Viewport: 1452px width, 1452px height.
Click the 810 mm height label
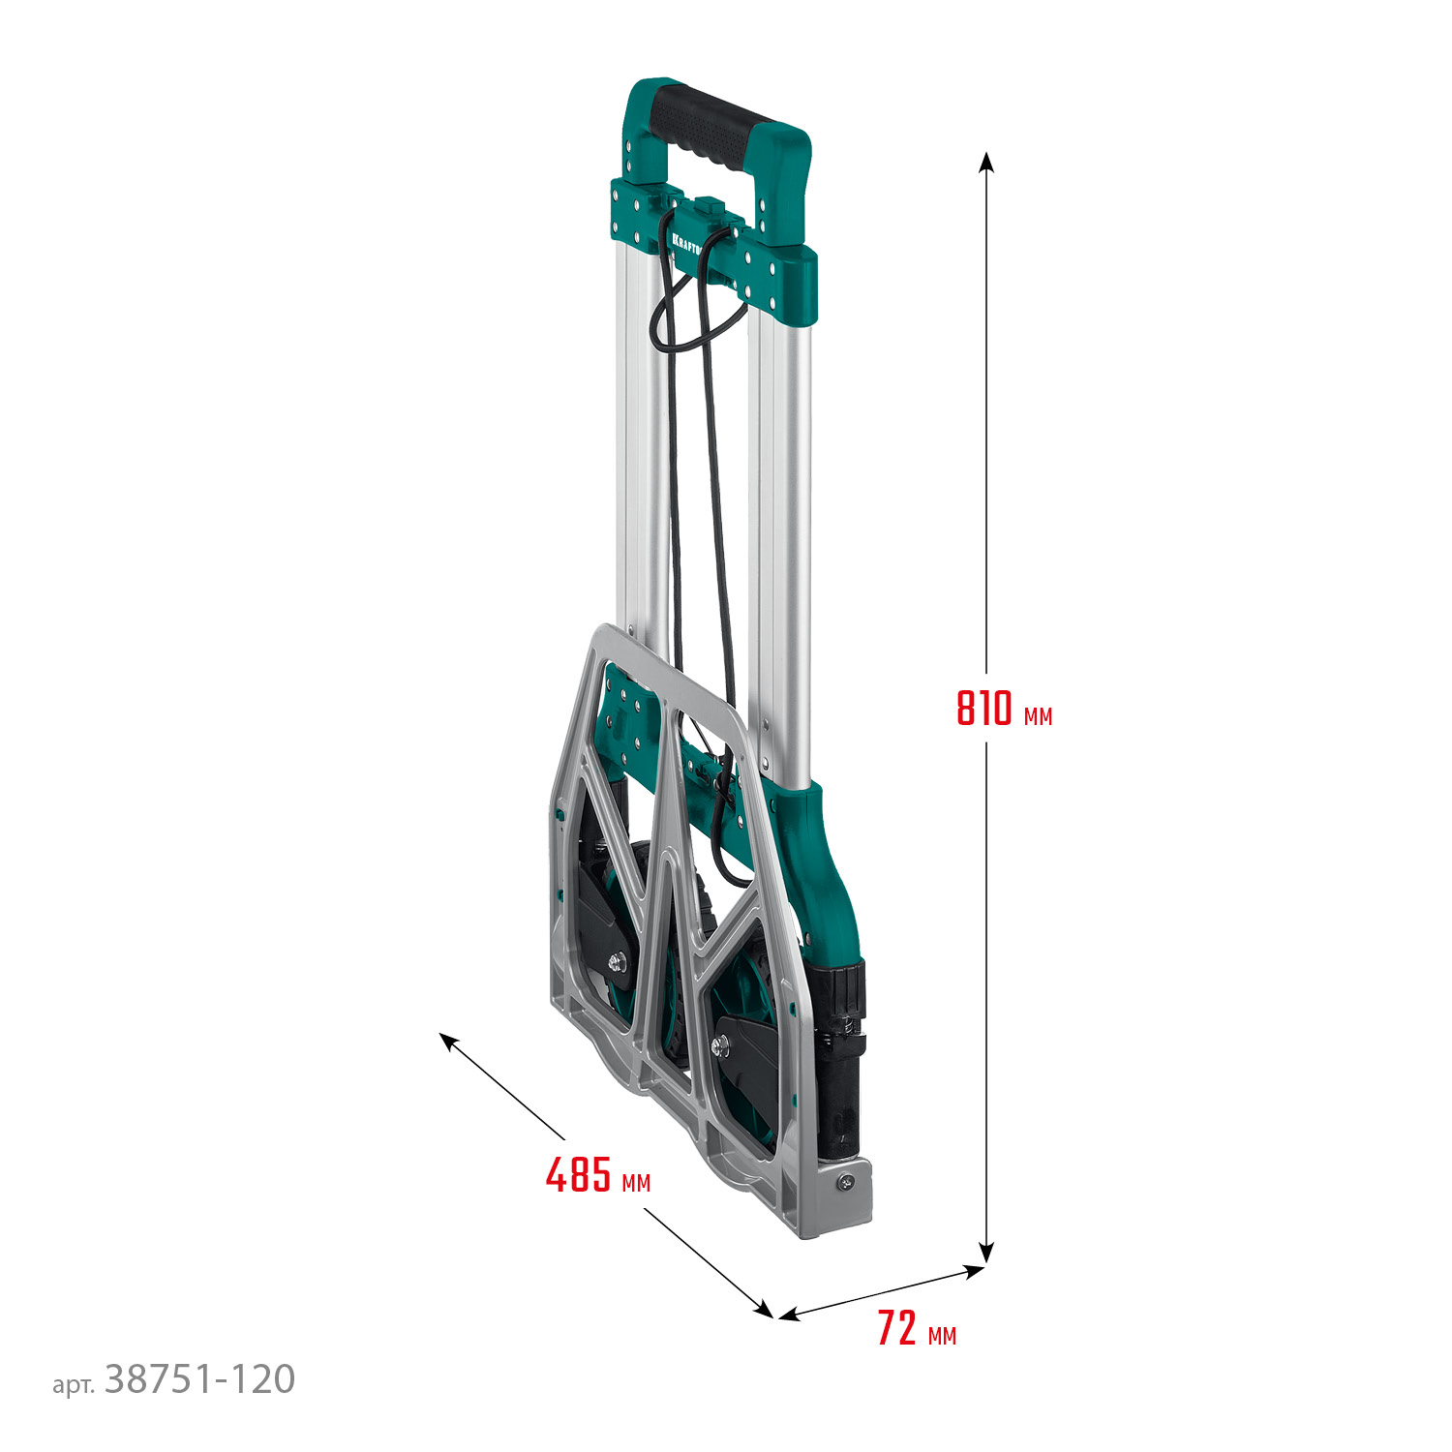tap(1003, 709)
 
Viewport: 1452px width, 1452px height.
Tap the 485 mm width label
tap(597, 1176)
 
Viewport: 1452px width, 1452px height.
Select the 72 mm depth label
tap(916, 1329)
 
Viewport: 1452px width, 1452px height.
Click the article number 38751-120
tap(199, 1379)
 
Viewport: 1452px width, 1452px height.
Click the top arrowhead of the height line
tap(986, 161)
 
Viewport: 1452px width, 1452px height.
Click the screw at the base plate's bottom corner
tap(848, 1181)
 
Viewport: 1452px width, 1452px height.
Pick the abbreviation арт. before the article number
tap(74, 1385)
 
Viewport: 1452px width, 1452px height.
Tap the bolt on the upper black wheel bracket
tap(617, 961)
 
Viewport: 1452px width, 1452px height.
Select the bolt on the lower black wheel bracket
tap(720, 1044)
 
